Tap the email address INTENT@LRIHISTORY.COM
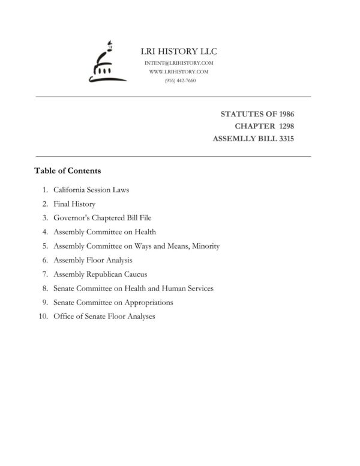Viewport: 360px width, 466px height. tap(179, 63)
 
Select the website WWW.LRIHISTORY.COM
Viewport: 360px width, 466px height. tap(179, 71)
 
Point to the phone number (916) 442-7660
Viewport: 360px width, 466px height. tap(179, 80)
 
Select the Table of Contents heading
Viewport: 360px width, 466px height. tap(67, 171)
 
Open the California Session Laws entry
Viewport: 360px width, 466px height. tap(91, 190)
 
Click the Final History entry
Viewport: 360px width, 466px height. tap(74, 204)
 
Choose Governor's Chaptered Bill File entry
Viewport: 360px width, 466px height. tap(102, 218)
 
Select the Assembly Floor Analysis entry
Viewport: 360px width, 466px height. tap(93, 260)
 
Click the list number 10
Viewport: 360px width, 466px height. tap(43, 316)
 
